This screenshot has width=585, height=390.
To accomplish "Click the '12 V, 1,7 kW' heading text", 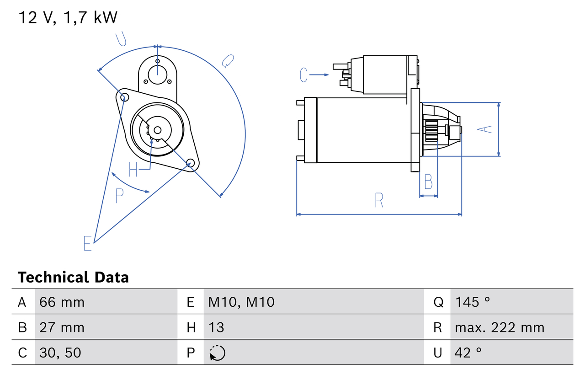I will tap(68, 17).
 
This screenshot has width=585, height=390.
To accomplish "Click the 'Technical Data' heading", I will tap(73, 277).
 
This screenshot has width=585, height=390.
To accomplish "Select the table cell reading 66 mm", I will tap(62, 302).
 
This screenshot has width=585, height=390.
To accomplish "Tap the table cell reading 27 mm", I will tap(62, 327).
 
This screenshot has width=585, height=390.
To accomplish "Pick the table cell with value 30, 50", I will tap(60, 353).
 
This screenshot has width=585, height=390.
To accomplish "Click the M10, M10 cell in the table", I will tap(241, 302).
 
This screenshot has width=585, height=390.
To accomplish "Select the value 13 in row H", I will tap(217, 327).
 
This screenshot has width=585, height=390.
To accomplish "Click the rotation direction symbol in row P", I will tap(217, 353).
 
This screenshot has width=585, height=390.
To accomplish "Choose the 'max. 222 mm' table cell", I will tap(500, 327).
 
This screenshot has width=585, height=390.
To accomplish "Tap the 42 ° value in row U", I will tap(468, 353).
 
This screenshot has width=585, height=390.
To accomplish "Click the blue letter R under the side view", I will tap(379, 200).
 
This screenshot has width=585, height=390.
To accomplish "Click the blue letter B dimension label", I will tap(428, 182).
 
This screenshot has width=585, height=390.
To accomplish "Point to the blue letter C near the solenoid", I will tap(304, 75).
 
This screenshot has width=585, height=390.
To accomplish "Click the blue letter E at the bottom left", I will tap(88, 243).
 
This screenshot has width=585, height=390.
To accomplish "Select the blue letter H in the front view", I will tap(133, 170).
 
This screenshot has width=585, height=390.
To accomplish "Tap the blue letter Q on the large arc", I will tap(228, 61).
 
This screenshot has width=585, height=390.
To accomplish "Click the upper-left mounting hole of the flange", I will tap(122, 96).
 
